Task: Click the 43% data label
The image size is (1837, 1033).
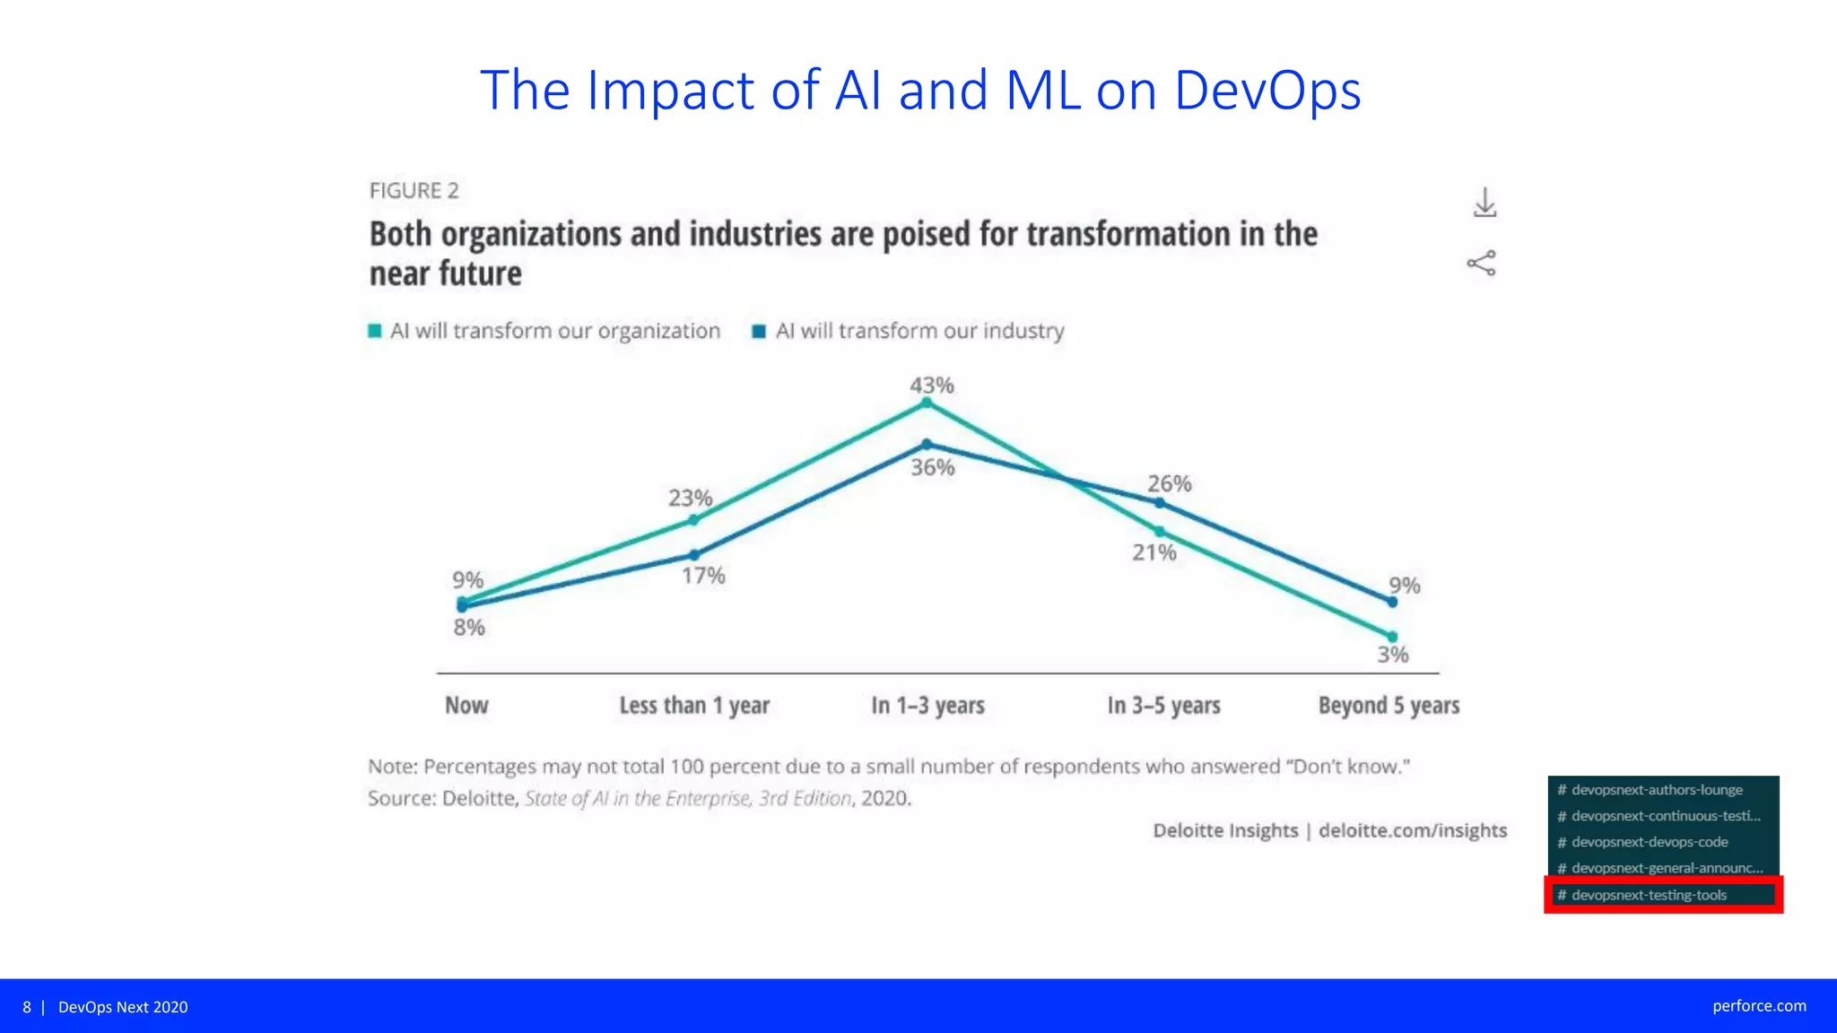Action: (931, 386)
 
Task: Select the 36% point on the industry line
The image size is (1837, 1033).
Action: (927, 445)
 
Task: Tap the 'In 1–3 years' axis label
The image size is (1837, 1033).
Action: (927, 706)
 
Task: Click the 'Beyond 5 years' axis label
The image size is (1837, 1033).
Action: (1389, 706)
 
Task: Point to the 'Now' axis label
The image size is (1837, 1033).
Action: (466, 706)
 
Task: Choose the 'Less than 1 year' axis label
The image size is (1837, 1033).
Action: (694, 706)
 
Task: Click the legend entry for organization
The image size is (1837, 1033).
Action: (545, 331)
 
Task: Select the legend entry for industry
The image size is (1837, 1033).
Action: (909, 331)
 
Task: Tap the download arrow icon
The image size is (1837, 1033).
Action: (1484, 203)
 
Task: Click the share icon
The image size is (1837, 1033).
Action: (1481, 263)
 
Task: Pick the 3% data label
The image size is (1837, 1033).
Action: (1392, 655)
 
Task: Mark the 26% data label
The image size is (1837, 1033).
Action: (1169, 484)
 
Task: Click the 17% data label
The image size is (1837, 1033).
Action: (702, 576)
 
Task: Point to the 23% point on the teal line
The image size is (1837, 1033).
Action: (692, 520)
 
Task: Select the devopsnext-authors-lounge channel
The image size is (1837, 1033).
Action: (1656, 790)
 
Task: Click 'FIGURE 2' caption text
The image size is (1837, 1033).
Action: (414, 191)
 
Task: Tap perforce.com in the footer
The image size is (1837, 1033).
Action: (1758, 1006)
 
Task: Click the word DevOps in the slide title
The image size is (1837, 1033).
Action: (1267, 91)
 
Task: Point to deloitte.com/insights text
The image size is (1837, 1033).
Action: (1412, 830)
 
